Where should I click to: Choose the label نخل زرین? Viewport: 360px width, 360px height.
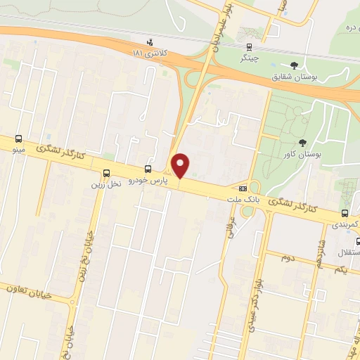106,184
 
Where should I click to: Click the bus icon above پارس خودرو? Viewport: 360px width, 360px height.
148,169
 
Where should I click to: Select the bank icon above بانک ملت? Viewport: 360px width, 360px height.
243,188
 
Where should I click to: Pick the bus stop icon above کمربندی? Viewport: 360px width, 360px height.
345,212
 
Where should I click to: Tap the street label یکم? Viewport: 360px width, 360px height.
340,271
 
